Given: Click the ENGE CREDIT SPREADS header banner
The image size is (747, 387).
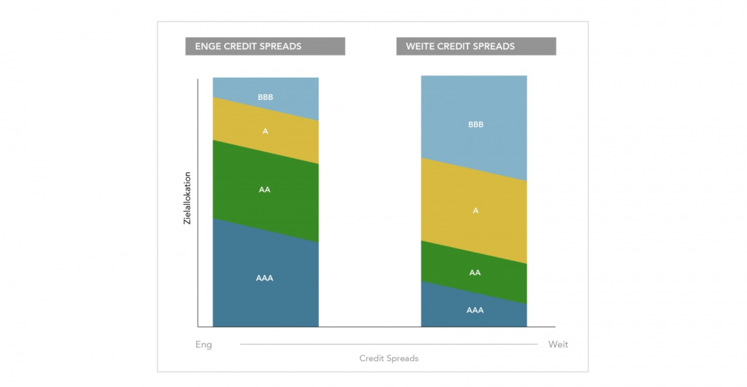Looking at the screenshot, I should [265, 47].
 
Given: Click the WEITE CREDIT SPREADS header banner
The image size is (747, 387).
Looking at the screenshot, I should [476, 47].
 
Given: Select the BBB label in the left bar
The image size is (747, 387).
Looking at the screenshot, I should [265, 97].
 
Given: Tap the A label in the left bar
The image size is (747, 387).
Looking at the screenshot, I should [265, 131].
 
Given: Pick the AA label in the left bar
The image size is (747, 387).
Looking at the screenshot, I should [265, 190].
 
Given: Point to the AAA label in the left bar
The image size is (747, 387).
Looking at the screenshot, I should [265, 278].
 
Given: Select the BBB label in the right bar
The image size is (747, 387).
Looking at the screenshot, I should [476, 124].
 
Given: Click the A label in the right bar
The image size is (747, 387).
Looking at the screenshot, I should [476, 211].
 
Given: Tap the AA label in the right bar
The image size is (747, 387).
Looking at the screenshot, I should [475, 273].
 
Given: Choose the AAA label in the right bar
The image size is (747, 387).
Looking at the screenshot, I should [475, 310].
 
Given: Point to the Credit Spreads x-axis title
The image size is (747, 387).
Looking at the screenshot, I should [388, 358].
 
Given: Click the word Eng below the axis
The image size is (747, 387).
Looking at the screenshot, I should [204, 345].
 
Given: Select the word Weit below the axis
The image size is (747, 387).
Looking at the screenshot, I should [558, 345].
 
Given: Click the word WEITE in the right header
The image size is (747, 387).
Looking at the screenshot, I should [420, 47].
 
